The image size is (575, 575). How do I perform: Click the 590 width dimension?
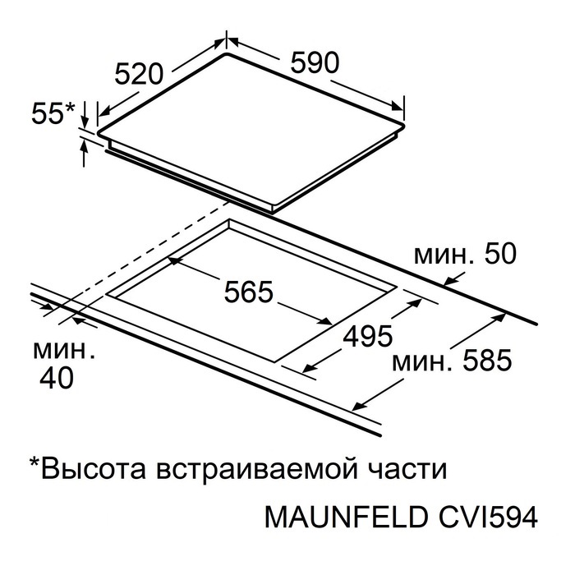[x=315, y=62]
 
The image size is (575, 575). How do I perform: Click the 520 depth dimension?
[x=138, y=74]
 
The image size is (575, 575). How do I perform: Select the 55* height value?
[x=53, y=113]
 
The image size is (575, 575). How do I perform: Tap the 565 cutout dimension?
[x=249, y=292]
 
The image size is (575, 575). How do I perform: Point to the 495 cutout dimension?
[x=368, y=336]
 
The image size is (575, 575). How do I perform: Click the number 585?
[x=487, y=360]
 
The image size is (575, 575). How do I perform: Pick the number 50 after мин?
[x=500, y=254]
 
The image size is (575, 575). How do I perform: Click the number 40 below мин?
[x=57, y=378]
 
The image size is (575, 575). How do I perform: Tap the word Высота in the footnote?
[x=94, y=470]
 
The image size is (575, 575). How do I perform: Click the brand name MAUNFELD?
[x=346, y=517]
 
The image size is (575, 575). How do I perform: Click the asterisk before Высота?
[x=34, y=462]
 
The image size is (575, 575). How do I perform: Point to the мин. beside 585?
[x=422, y=363]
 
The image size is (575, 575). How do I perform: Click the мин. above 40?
[x=64, y=351]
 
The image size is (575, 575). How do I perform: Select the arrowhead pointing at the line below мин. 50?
[x=450, y=281]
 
